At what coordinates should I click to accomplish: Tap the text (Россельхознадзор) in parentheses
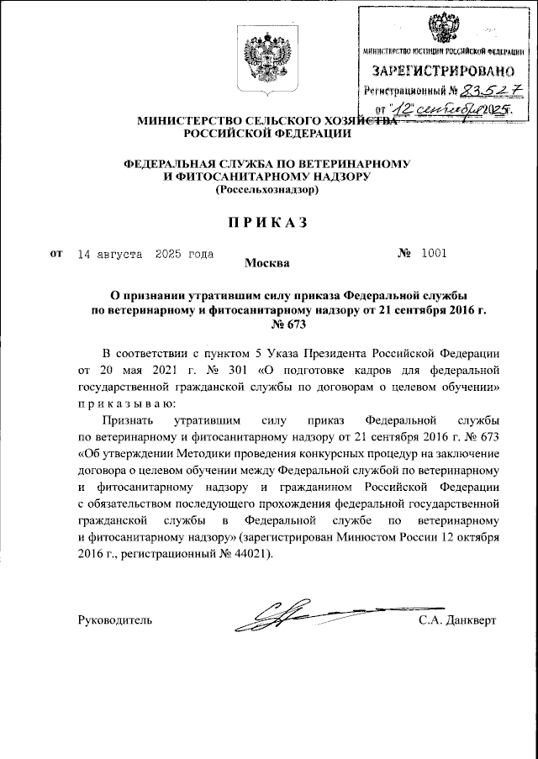[268, 191]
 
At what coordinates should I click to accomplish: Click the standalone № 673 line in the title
[268, 324]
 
